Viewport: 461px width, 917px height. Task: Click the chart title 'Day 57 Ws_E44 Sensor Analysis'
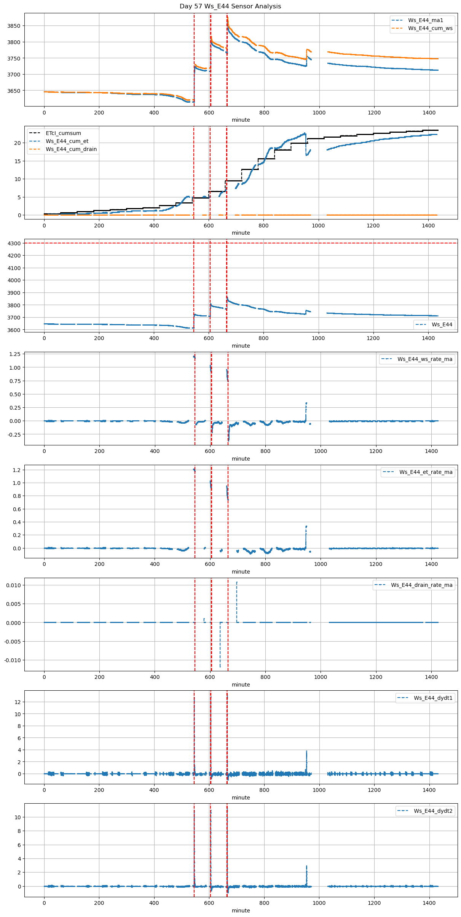[230, 6]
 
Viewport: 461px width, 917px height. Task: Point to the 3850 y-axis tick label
[14, 26]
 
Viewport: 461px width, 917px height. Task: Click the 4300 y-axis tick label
[14, 243]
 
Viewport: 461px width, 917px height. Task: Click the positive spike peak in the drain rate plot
[236, 582]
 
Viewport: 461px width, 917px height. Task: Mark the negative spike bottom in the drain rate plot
[220, 666]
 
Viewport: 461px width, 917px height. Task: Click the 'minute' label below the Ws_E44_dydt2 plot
[241, 911]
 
